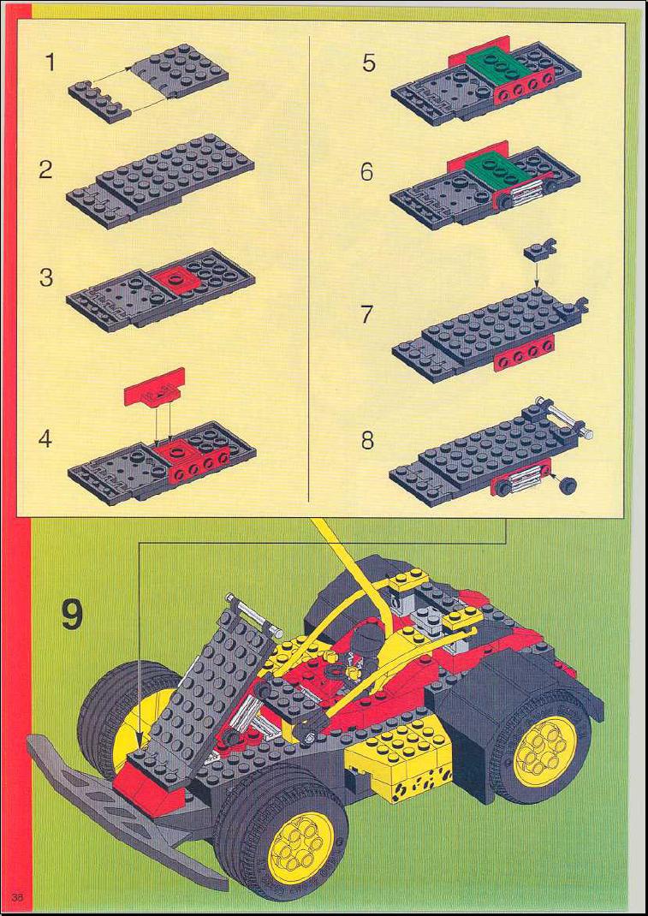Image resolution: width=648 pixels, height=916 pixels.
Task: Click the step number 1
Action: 51,62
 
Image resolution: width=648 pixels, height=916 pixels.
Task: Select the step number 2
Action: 46,170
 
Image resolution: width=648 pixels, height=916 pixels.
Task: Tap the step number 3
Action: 46,277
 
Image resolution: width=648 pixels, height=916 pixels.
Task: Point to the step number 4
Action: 45,438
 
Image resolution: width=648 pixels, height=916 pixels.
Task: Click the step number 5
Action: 369,62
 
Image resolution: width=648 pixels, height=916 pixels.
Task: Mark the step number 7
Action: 367,314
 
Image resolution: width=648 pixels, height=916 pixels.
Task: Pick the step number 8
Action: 367,440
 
